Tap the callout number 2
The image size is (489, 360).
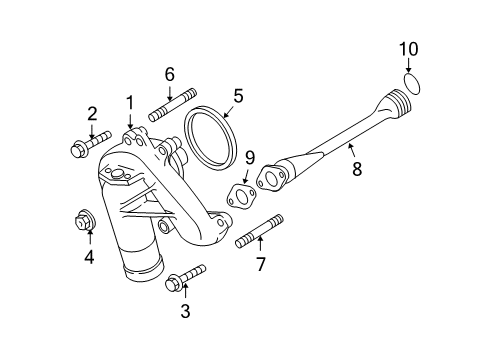coord(91,113)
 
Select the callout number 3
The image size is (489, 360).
coord(183,311)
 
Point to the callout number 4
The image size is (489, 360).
coord(89,257)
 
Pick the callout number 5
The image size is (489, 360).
coord(238,96)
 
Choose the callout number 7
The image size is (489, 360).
coord(260,264)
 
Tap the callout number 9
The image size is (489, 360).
coord(251,158)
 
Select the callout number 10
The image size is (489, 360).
coord(409,48)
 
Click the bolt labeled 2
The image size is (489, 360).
coord(85,148)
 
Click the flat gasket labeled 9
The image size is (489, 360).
coord(240,194)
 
